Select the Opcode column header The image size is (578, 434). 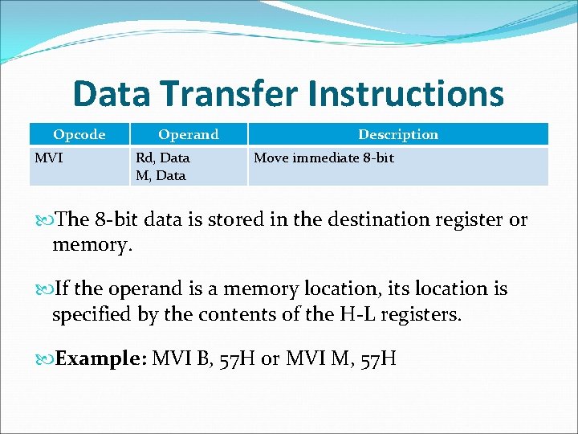79,134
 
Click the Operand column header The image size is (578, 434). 188,134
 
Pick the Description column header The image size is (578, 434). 398,134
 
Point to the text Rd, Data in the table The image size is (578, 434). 163,158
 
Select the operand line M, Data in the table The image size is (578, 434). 161,175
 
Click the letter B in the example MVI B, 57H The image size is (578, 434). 202,358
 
